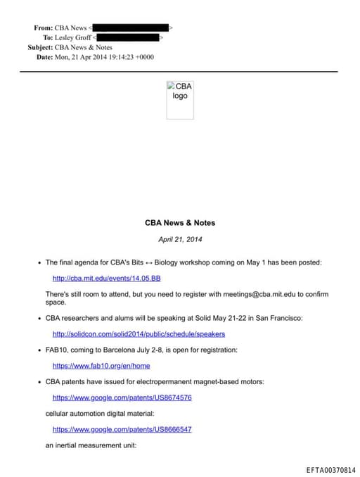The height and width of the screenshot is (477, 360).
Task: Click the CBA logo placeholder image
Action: (180, 100)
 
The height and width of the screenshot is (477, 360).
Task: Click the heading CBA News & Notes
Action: (180, 223)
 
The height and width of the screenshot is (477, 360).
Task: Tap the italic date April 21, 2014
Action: (180, 240)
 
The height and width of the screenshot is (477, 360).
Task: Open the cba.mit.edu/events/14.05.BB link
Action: (102, 278)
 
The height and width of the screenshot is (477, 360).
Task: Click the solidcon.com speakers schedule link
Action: (139, 333)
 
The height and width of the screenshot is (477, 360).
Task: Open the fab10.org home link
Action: (101, 366)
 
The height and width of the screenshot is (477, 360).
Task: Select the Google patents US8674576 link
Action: (122, 397)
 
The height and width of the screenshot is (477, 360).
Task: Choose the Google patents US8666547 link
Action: (122, 429)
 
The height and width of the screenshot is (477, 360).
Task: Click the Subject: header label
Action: (40, 47)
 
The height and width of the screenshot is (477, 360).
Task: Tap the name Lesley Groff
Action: (73, 37)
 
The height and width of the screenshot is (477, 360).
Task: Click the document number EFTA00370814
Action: (330, 469)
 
